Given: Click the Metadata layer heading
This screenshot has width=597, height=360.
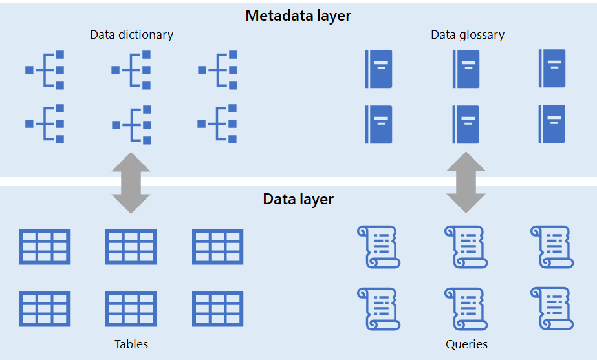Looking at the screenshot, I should (298, 16).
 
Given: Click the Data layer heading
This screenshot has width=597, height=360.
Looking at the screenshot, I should (298, 198).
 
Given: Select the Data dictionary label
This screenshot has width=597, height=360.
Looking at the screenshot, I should (131, 35).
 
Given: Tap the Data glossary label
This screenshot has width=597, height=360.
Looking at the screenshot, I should (467, 35).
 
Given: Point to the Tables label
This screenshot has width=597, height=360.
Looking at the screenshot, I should (131, 344).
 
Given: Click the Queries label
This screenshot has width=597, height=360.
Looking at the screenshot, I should (466, 344).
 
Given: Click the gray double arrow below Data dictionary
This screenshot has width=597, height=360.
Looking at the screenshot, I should (131, 183).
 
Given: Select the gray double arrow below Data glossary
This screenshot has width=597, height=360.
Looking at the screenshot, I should (466, 183).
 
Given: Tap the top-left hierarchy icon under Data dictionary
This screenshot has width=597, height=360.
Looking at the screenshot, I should (45, 70).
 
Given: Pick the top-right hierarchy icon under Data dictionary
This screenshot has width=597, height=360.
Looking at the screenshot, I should (218, 70).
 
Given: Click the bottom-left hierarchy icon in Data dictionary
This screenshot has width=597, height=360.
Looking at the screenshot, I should (45, 123).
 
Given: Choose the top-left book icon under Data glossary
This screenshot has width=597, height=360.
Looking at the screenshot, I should (378, 69).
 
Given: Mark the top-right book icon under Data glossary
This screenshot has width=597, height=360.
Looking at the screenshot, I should (552, 69).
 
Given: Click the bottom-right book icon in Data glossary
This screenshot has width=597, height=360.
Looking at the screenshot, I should (552, 123).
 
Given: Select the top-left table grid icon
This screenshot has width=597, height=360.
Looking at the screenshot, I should (45, 246).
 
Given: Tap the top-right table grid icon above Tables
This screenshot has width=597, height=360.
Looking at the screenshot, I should (218, 246).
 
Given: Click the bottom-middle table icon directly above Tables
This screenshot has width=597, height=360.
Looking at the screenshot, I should (131, 308).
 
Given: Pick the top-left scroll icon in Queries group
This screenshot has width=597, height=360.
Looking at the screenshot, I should (378, 247).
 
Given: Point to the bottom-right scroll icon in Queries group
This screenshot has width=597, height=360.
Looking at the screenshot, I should (552, 309).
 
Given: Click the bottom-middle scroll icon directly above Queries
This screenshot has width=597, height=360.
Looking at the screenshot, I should (466, 309).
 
